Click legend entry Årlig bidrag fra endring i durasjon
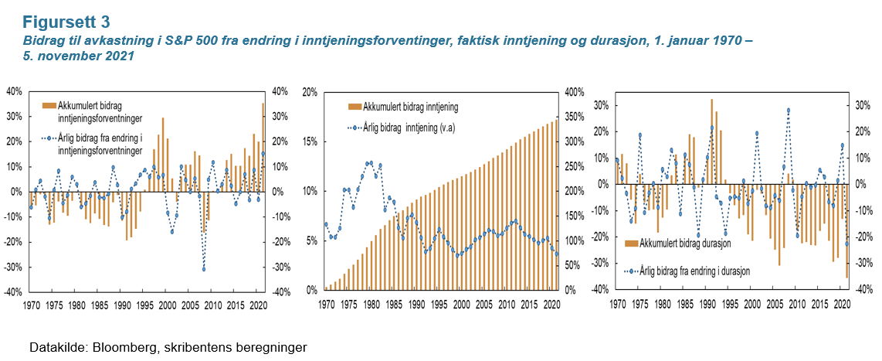(x=690, y=271)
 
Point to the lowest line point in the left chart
(x=204, y=268)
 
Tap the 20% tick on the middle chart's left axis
(x=308, y=92)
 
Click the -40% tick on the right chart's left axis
(x=600, y=290)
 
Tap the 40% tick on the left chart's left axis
(x=13, y=91)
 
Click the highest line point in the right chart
(x=789, y=111)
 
